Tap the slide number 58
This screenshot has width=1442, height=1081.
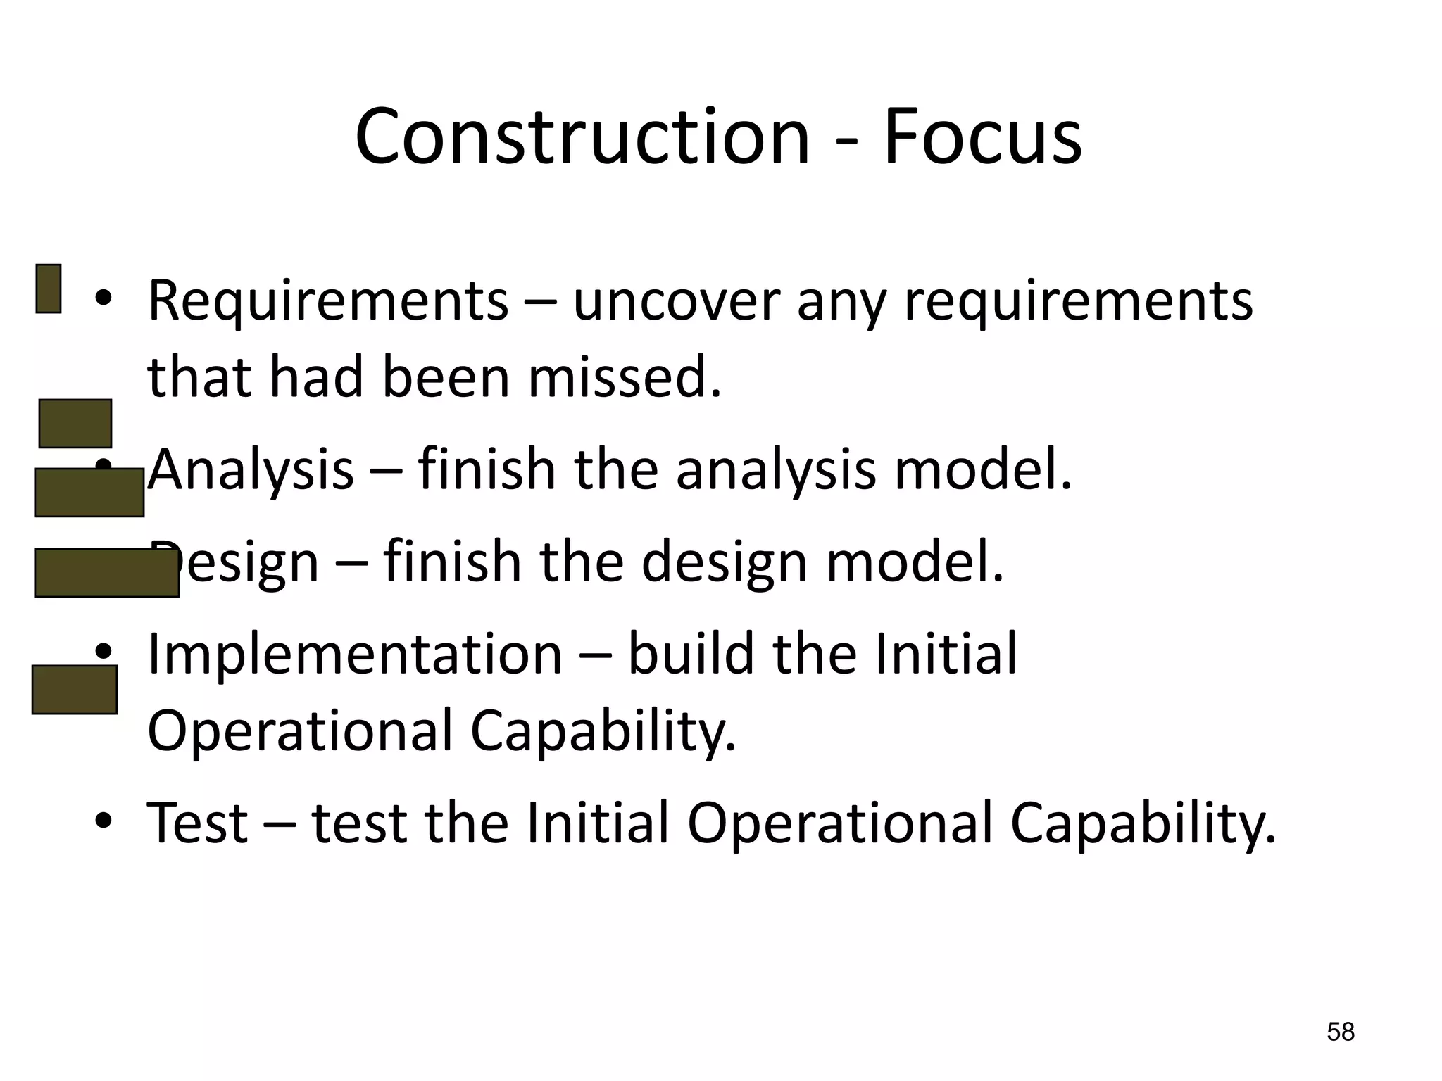click(1340, 1032)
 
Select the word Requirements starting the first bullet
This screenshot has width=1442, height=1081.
click(327, 301)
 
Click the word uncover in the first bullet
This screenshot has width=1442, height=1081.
click(676, 301)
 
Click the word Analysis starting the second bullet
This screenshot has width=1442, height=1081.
click(251, 469)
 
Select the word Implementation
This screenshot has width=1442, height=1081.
click(355, 655)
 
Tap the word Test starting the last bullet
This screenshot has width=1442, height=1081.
click(197, 823)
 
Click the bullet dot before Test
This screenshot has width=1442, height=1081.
click(104, 821)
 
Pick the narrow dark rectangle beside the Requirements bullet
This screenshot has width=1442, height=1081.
click(49, 289)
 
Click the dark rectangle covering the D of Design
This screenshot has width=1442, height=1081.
click(106, 573)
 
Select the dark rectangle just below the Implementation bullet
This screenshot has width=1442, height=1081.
click(75, 690)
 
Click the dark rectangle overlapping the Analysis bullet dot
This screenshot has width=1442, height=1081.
click(89, 493)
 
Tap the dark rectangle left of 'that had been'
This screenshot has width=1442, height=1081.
click(75, 424)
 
